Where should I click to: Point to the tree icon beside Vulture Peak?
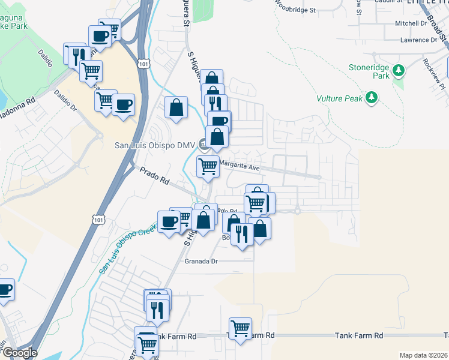point(372,97)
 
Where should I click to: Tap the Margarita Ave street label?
point(239,166)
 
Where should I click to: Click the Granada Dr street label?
point(200,261)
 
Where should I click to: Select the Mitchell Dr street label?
point(410,23)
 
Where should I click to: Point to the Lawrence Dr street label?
point(420,40)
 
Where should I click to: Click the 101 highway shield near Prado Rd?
point(99,220)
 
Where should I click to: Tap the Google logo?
point(19,353)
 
